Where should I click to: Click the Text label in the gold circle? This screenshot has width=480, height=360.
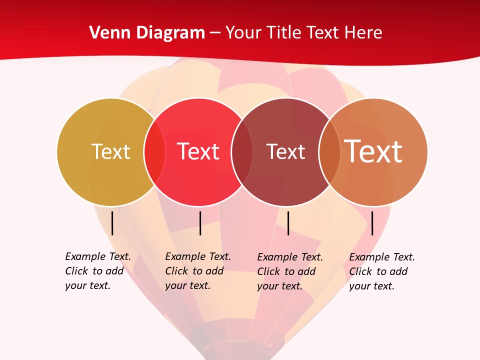[x=110, y=151]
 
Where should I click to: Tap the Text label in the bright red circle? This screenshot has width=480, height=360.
[x=198, y=151]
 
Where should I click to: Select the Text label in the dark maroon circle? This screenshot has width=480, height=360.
[x=285, y=151]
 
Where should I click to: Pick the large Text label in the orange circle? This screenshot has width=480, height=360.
[x=373, y=151]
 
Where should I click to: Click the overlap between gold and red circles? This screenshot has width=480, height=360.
[x=154, y=152]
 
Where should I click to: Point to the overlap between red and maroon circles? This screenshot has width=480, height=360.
[x=242, y=152]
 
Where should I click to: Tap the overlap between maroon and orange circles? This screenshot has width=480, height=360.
[x=329, y=152]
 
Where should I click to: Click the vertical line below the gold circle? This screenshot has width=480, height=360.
[x=112, y=223]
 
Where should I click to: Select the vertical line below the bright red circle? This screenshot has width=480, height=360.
[x=200, y=223]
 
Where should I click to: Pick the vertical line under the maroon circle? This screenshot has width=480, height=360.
[x=288, y=223]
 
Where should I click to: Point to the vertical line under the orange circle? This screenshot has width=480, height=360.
[x=372, y=223]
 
